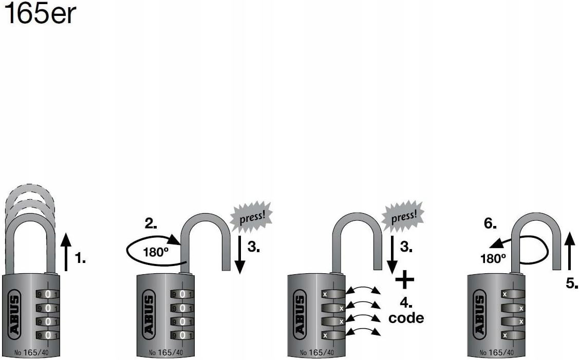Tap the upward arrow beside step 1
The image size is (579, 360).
click(x=65, y=251)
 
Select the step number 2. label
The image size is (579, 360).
click(x=151, y=223)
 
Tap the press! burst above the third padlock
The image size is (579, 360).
click(x=404, y=215)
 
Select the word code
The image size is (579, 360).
click(x=406, y=318)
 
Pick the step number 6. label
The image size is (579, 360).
click(x=491, y=223)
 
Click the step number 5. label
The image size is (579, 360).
click(x=572, y=282)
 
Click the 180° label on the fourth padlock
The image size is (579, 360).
click(x=493, y=258)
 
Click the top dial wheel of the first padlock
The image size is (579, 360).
click(x=47, y=294)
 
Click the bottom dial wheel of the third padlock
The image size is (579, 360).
click(x=332, y=335)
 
